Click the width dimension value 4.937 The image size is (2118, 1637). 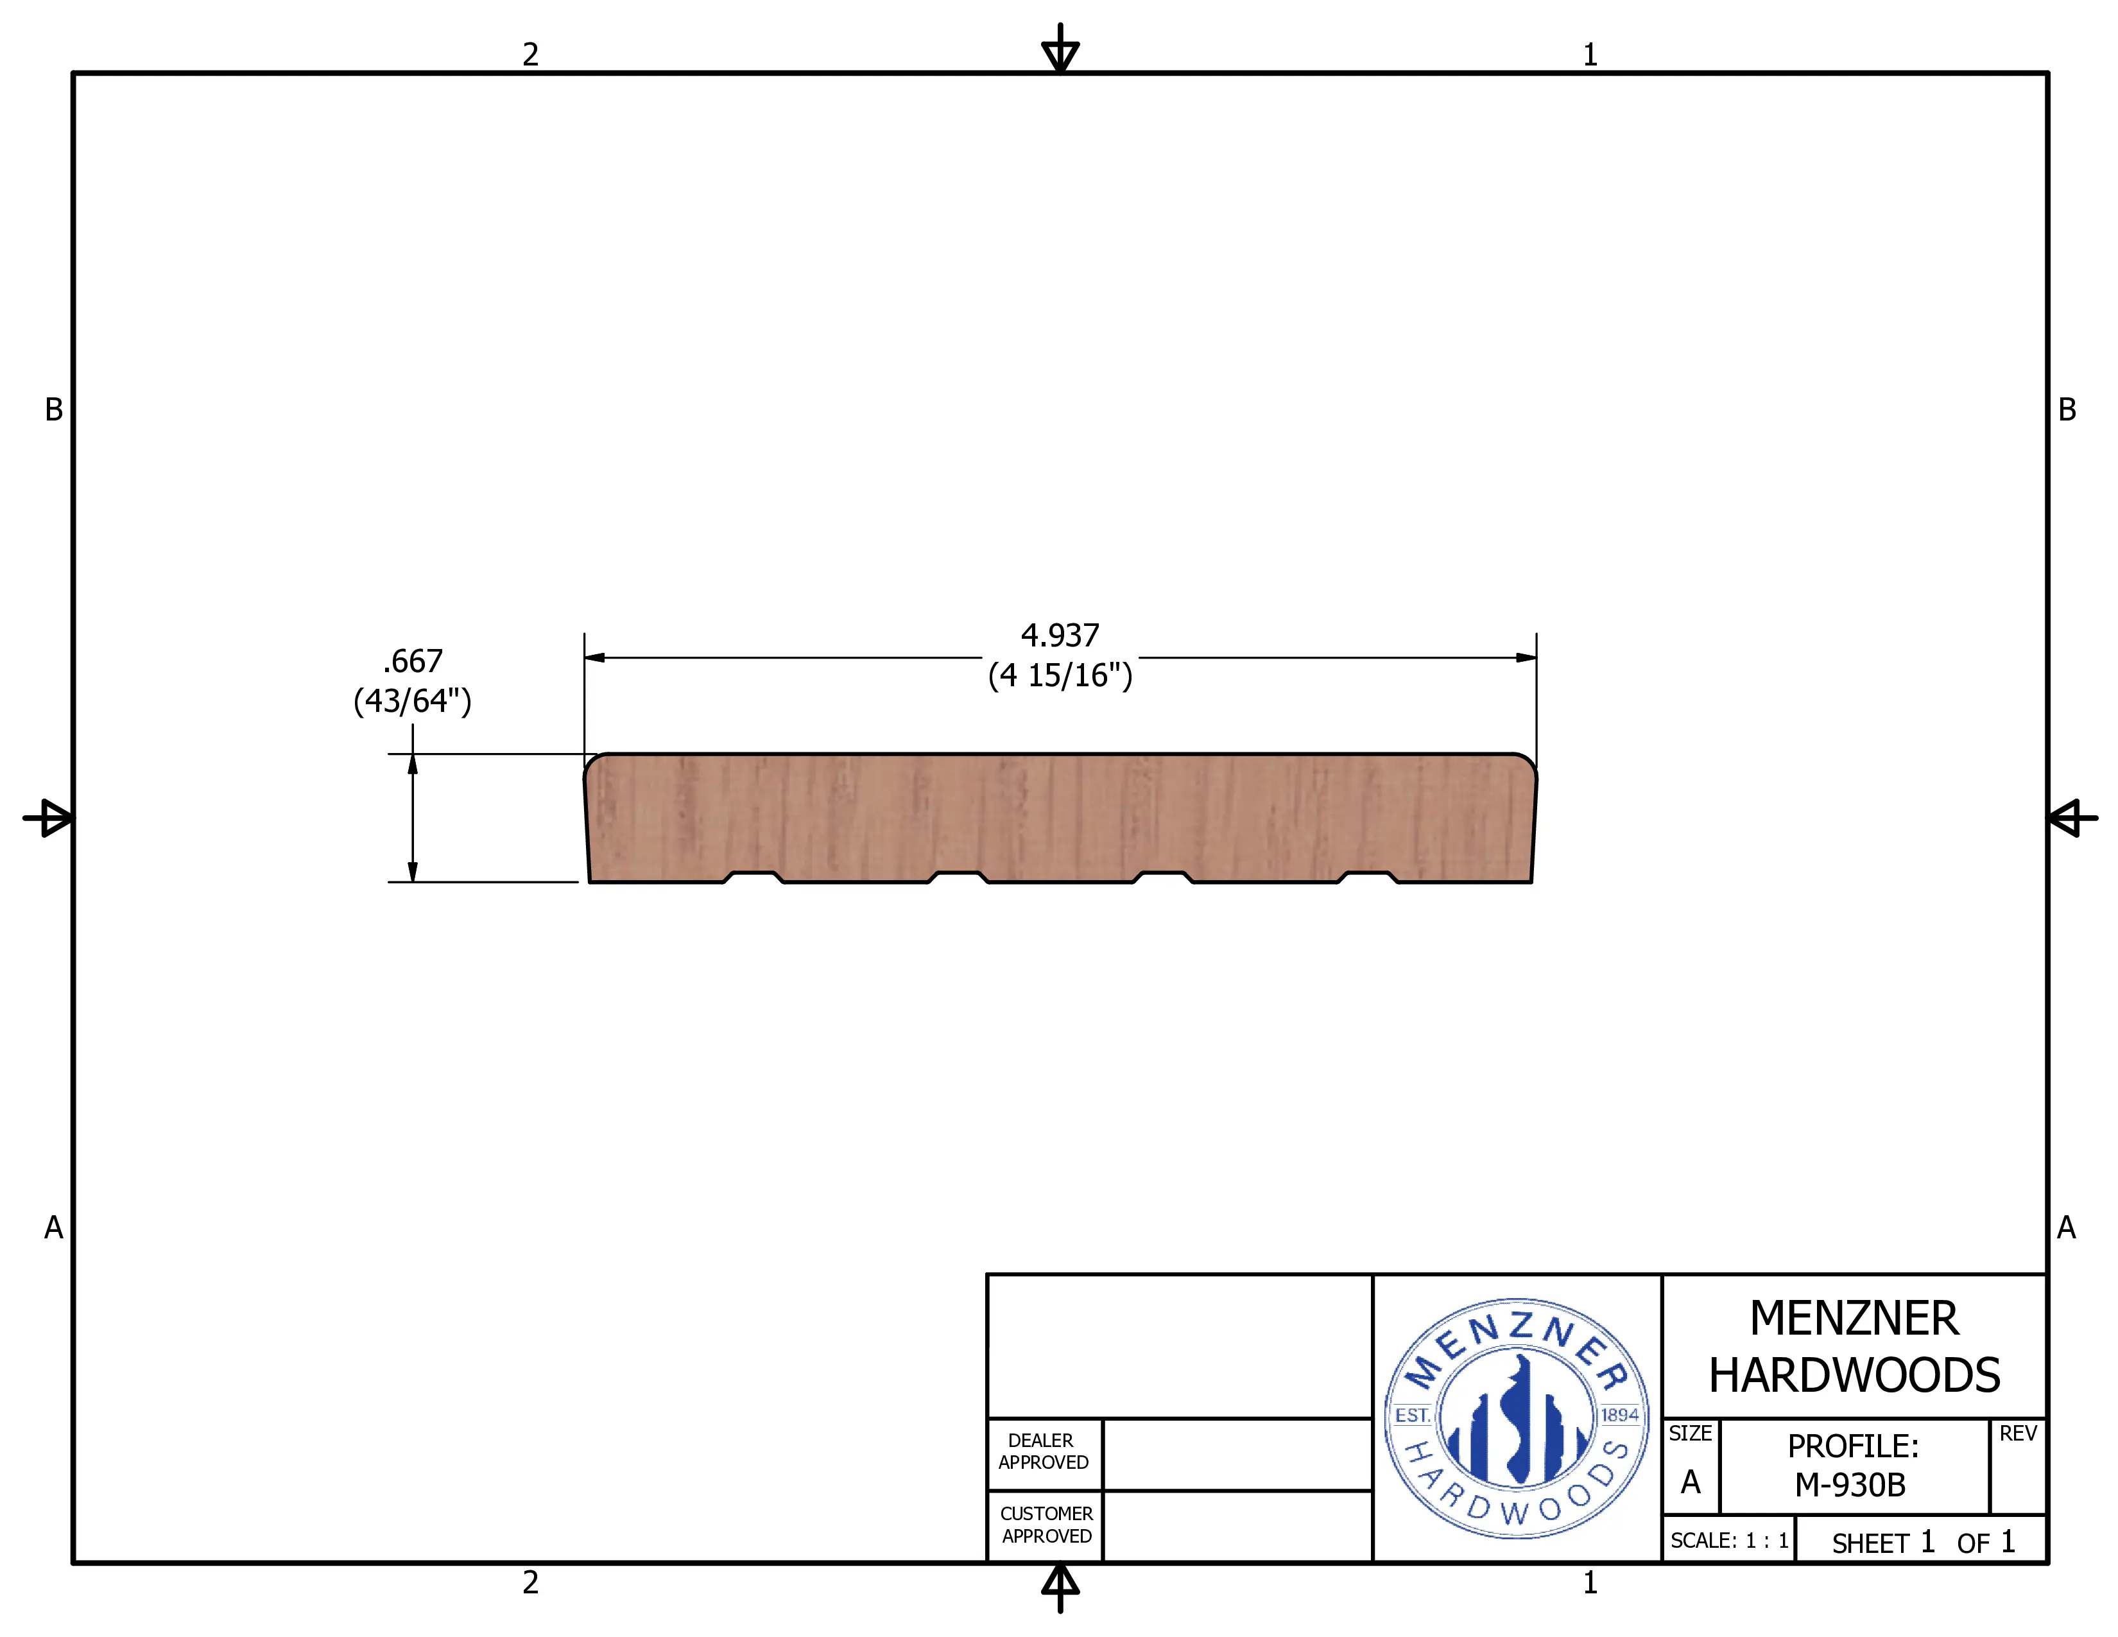point(1060,636)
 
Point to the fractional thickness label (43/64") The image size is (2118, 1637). point(412,701)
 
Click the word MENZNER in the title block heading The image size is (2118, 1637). point(1854,1319)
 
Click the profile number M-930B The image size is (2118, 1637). point(1850,1485)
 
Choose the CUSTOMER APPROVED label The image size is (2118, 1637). point(1046,1525)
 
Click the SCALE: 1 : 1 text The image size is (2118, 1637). point(1729,1541)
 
